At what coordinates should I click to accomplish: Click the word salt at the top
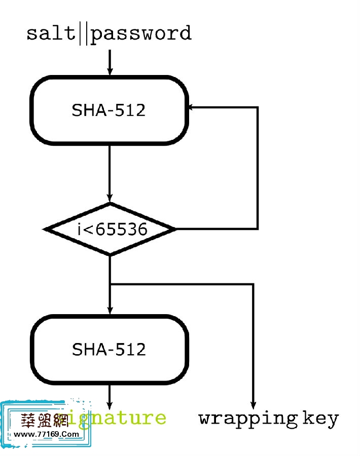point(51,33)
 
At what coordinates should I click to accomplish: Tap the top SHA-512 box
point(109,110)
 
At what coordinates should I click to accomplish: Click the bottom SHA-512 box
point(109,349)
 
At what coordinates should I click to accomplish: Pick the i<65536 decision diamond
point(110,230)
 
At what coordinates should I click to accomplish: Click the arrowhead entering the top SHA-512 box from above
point(110,71)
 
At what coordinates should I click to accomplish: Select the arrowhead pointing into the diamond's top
point(110,199)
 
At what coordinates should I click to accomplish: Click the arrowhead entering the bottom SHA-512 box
point(110,311)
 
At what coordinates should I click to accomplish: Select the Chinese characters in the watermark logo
point(44,420)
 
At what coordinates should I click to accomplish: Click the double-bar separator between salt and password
point(84,33)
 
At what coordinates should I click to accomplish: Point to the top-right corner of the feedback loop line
point(258,107)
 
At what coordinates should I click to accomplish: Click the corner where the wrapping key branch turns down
point(253,285)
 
